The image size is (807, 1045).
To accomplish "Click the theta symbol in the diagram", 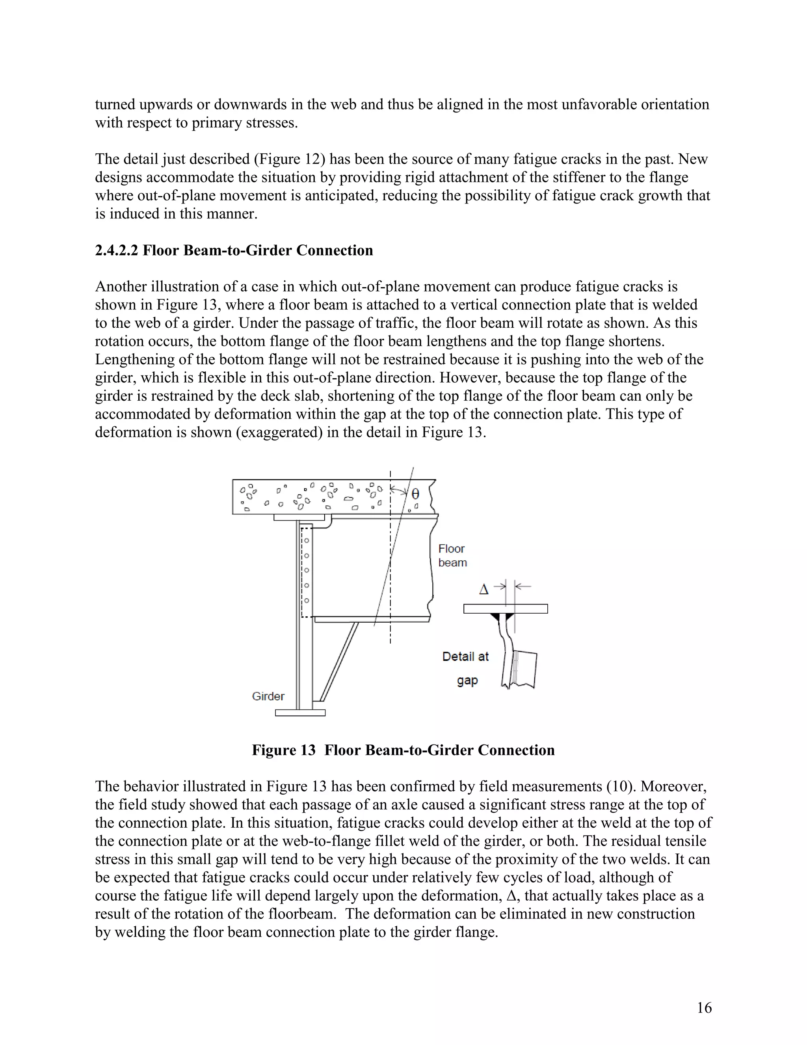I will pyautogui.click(x=415, y=493).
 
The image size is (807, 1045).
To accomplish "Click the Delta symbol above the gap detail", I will pyautogui.click(x=484, y=590).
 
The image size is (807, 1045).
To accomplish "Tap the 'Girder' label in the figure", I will pyautogui.click(x=268, y=696).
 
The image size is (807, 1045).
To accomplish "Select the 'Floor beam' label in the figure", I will pyautogui.click(x=452, y=556).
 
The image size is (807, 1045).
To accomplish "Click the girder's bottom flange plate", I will pyautogui.click(x=300, y=713).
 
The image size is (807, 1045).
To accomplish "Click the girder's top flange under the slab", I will pyautogui.click(x=300, y=517).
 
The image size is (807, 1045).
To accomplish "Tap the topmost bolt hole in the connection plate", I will pyautogui.click(x=307, y=541).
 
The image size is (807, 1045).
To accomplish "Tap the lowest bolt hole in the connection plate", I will pyautogui.click(x=307, y=601).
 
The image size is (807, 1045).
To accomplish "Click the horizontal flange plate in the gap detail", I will pyautogui.click(x=505, y=608).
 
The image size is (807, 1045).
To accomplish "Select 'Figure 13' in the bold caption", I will pyautogui.click(x=283, y=750).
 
